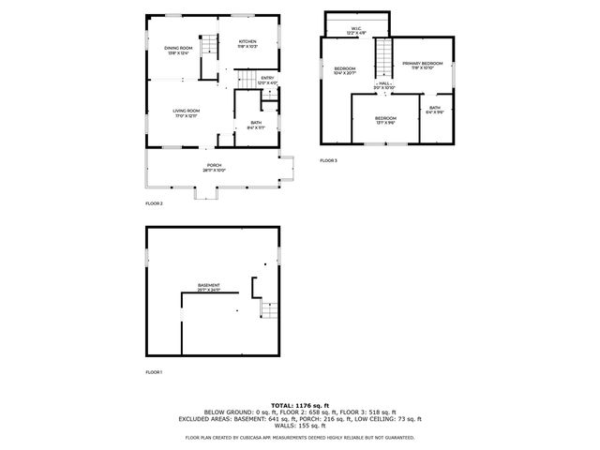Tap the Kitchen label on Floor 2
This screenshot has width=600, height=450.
point(247,43)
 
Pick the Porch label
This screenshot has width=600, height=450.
point(214,168)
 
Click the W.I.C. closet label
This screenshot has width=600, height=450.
point(356,30)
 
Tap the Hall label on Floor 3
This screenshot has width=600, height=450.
point(385,85)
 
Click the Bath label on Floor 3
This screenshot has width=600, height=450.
point(435,110)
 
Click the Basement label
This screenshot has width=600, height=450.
point(208,287)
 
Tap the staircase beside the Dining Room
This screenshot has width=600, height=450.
point(212,44)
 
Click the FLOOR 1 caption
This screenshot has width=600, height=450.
point(154,372)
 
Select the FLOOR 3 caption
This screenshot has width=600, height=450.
point(328,161)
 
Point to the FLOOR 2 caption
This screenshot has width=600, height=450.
point(154,203)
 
